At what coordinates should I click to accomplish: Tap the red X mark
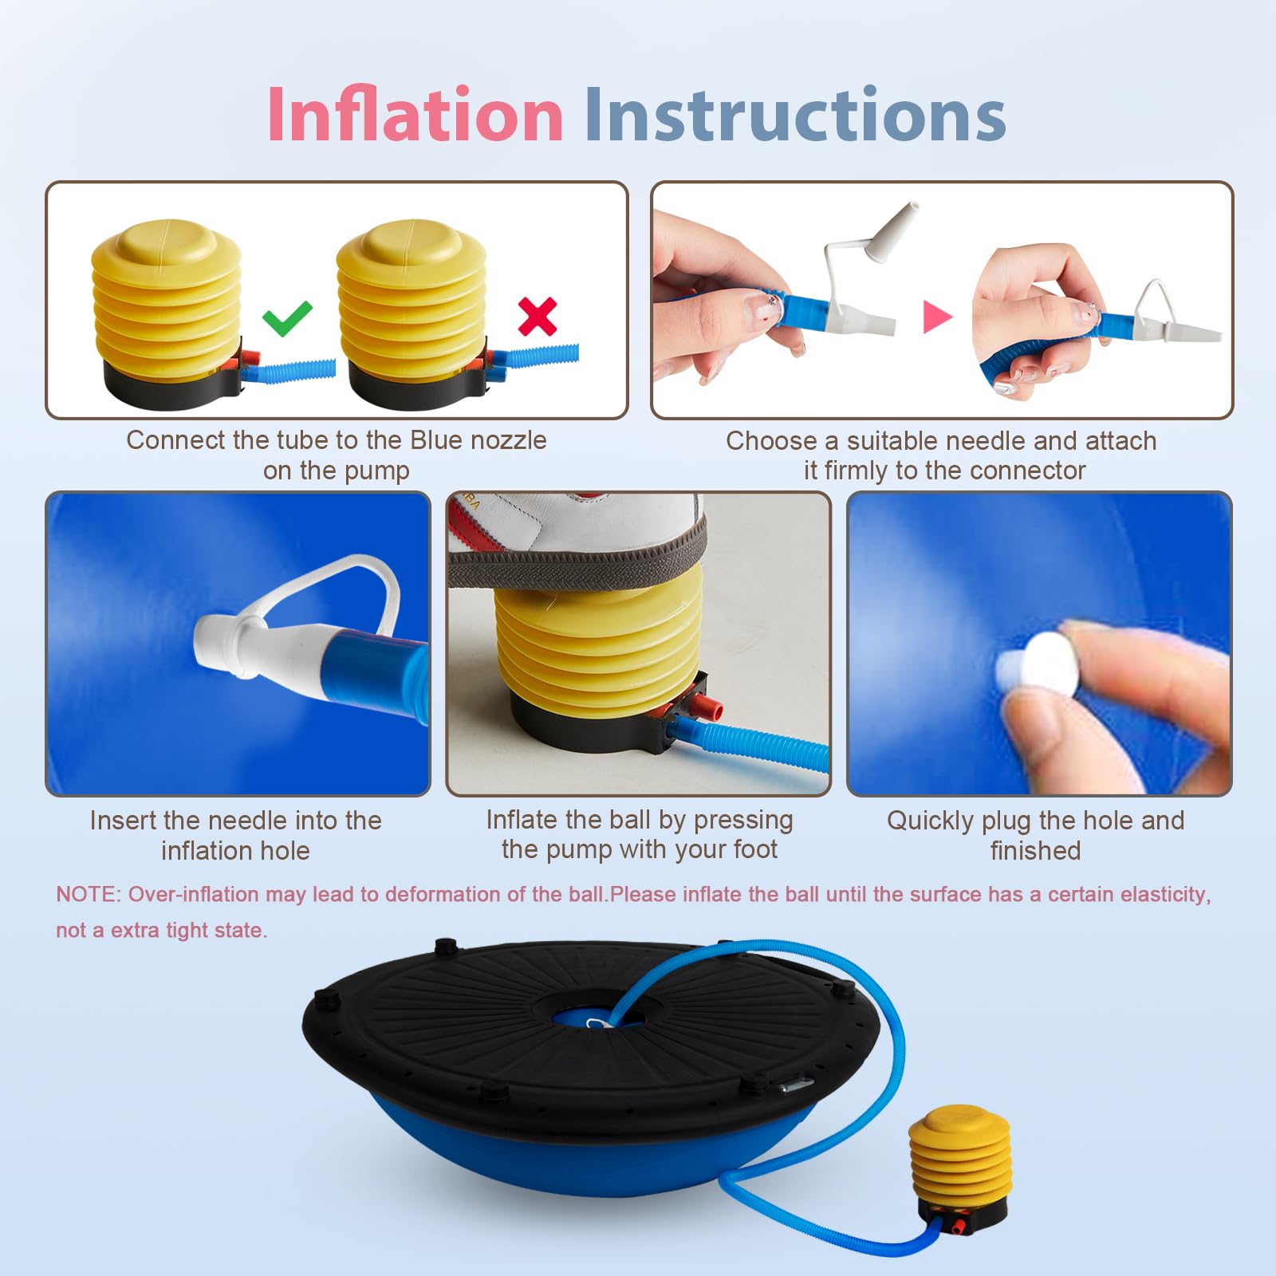point(538,316)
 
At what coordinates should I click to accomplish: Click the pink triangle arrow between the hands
point(937,316)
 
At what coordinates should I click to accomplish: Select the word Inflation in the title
point(415,115)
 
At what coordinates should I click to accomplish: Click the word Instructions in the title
point(795,115)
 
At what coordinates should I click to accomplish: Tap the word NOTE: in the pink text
point(87,894)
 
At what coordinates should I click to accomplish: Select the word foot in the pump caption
point(754,849)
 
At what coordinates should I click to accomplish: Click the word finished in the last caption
point(1035,851)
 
